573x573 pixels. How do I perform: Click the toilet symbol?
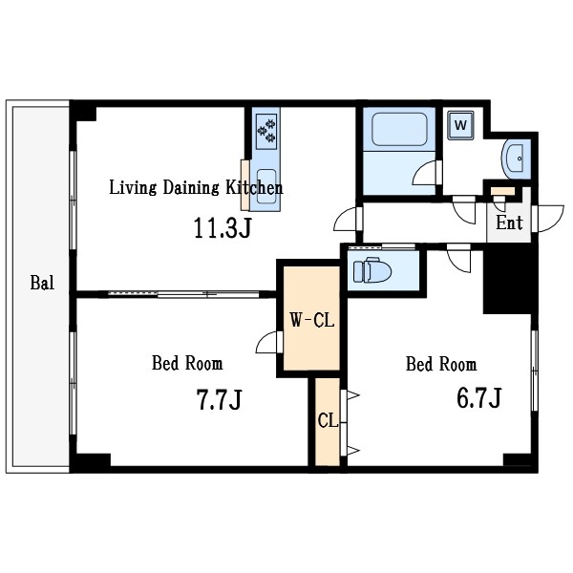372,270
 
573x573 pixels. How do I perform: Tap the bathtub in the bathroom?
399,129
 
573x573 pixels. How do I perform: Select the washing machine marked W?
461,125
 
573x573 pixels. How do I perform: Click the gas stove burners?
266,131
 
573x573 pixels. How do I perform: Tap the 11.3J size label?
223,227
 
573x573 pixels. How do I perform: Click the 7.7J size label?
220,399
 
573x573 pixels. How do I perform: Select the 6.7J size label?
478,397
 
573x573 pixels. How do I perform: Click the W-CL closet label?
312,320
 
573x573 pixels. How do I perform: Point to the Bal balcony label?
42,283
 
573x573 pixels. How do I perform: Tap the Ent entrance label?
509,223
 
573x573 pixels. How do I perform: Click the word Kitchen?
254,187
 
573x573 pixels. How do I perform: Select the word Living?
133,187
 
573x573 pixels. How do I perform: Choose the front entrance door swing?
548,218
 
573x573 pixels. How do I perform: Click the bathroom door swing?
427,173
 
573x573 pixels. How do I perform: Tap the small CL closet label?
328,420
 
